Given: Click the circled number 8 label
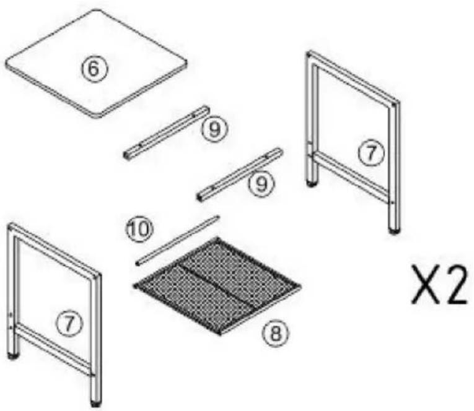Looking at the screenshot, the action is pos(275,334).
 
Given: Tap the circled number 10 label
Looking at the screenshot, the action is pos(139,229).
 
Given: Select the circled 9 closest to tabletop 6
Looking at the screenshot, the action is pos(214,129).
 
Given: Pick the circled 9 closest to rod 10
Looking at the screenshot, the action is pos(262,183).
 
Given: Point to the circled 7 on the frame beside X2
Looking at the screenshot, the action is pos(371,153).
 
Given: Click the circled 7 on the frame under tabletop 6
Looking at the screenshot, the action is pos(69,323).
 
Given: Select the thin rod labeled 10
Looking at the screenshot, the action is pos(177,240).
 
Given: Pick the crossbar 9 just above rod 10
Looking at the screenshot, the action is pos(240,175).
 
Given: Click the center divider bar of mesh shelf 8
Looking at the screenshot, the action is pos(217,285).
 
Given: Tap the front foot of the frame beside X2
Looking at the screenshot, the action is pos(393,231).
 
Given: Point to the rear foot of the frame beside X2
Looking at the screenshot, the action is pos(311,183).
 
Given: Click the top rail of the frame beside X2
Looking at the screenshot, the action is pos(353,77).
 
